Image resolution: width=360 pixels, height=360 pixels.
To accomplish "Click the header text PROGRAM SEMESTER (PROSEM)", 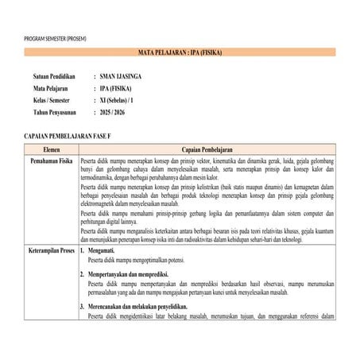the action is coord(56,39).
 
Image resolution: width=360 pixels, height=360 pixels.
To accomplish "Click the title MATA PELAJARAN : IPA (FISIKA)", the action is coord(180,52).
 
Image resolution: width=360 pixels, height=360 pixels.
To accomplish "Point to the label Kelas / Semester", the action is coord(52,101).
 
